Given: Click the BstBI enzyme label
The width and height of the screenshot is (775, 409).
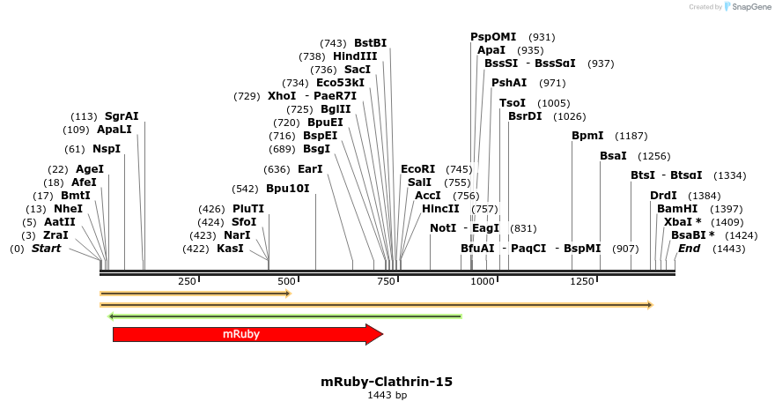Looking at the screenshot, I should pos(370,43).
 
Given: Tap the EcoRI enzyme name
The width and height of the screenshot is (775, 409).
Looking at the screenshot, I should pos(418,168).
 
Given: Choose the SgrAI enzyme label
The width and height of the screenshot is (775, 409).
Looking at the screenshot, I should pos(122,116).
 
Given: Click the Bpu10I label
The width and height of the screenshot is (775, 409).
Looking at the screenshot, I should pos(288,189).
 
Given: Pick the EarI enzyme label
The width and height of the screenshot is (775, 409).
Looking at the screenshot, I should pos(310,169).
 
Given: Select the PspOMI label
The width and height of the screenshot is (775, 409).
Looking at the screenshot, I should pos(493,37).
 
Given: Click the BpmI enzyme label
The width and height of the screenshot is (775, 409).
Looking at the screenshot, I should pos(587,136).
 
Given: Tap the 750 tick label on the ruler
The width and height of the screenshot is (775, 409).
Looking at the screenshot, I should pos(386,281).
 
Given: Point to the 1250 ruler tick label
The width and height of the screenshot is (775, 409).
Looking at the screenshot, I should pos(582,281).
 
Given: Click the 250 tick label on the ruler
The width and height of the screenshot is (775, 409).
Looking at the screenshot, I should pos(187,281).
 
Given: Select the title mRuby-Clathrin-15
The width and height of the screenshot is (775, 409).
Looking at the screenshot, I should pos(387,382).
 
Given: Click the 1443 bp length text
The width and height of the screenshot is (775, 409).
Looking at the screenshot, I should pos(387,396).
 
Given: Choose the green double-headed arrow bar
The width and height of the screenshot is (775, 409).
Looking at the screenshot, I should pos(284,316).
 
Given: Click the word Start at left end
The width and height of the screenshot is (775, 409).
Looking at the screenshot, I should pos(52,249).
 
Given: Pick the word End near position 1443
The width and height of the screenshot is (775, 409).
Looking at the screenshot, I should pos(689,249).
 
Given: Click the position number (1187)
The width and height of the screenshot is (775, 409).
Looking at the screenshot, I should pos(631,136).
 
